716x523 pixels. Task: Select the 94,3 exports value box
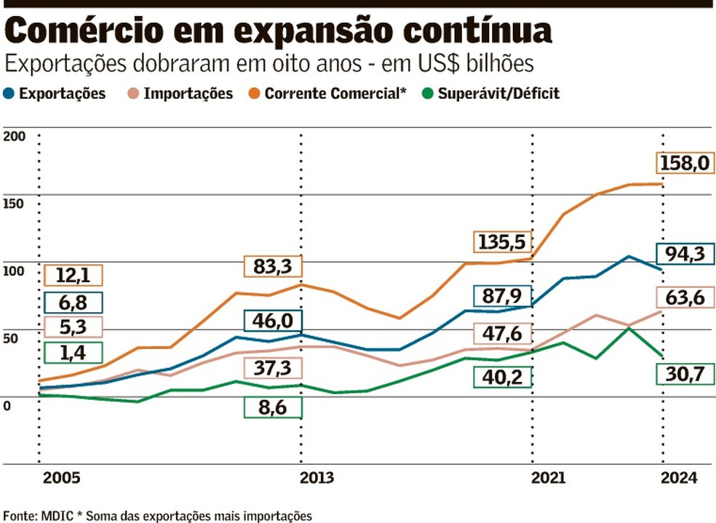[x=685, y=254]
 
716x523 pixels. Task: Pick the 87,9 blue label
[x=502, y=295]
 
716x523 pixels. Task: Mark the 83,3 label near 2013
[x=272, y=267]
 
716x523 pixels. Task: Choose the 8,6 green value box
[x=272, y=408]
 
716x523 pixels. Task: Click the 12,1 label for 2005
[x=73, y=276]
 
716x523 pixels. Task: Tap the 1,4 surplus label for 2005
[x=73, y=353]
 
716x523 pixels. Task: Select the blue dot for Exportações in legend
[x=9, y=94]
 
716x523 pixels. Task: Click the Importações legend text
[x=188, y=94]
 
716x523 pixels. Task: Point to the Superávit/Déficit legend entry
[x=498, y=94]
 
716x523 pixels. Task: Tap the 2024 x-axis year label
[x=677, y=478]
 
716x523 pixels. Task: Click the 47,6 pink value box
[x=502, y=333]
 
